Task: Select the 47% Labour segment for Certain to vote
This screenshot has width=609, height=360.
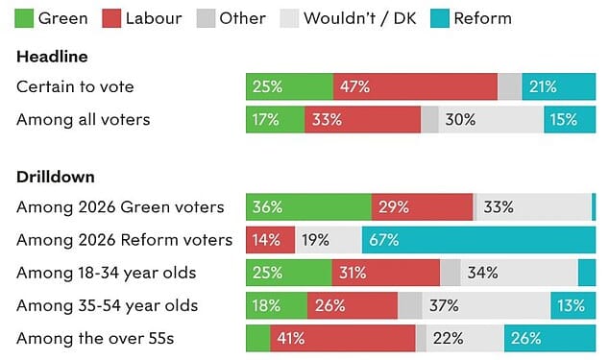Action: click(415, 86)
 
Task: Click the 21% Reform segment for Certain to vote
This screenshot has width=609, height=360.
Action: click(558, 86)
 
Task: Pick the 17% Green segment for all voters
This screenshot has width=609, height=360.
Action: click(276, 119)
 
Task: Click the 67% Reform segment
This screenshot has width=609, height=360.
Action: click(478, 239)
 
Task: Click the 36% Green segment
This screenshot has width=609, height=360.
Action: click(308, 206)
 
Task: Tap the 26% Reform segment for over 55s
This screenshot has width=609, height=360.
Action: click(549, 338)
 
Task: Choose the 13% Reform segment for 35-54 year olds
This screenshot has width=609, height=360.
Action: click(572, 305)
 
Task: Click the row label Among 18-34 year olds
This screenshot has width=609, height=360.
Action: click(106, 273)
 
